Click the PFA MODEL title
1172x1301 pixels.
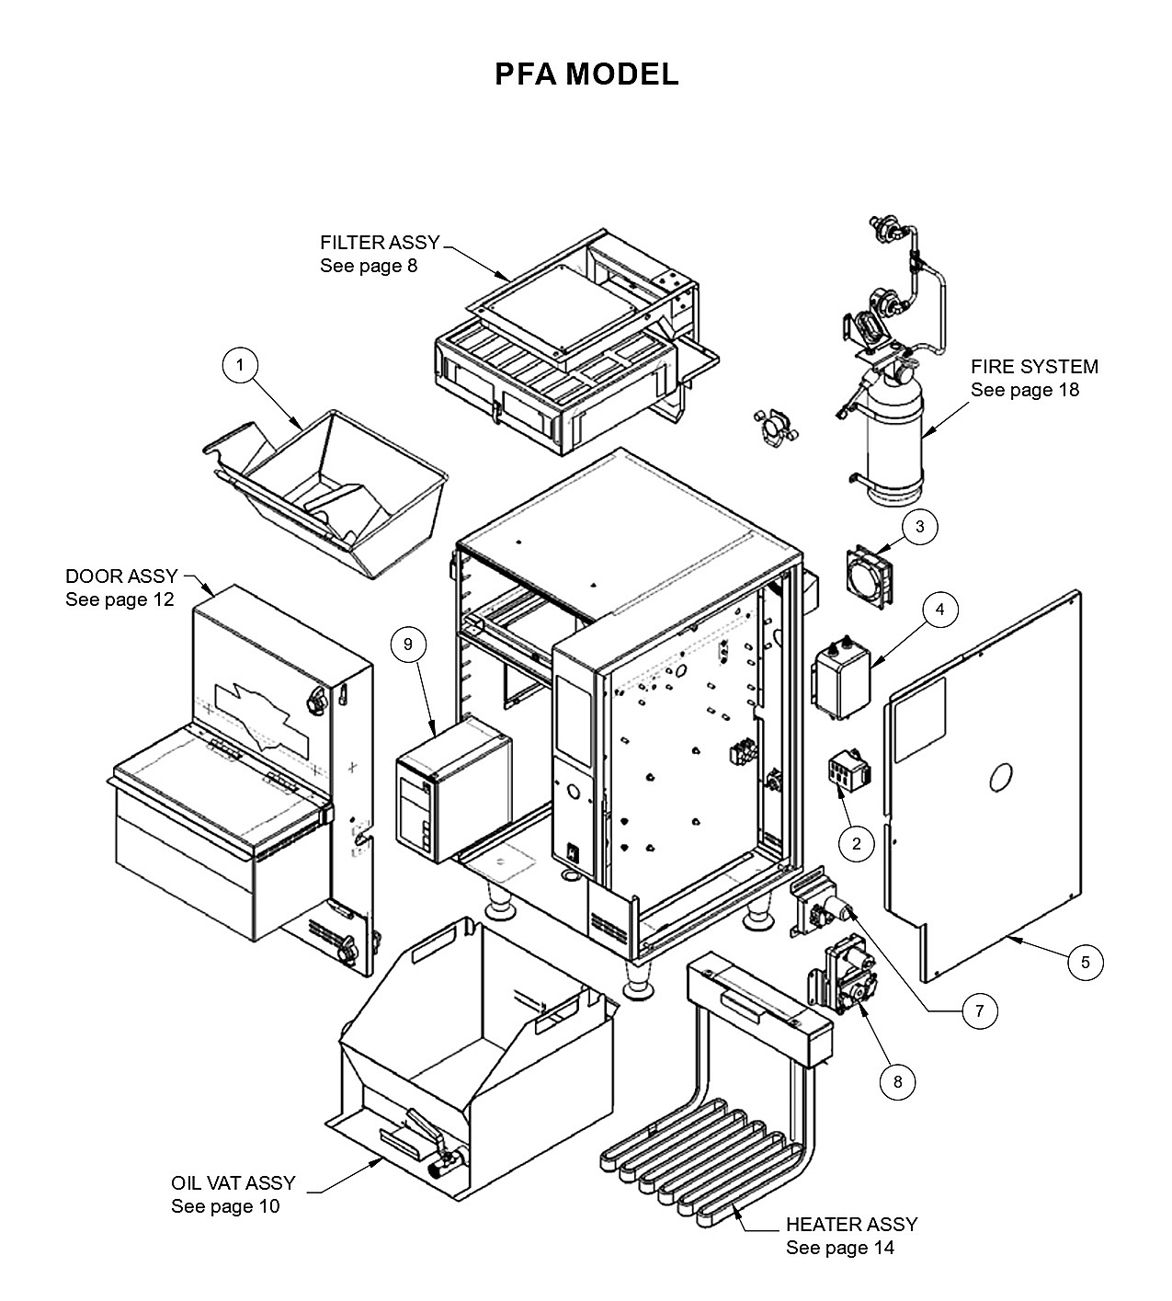(586, 74)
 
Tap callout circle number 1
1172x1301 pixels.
(240, 365)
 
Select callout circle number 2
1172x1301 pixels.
(856, 844)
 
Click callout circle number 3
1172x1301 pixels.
(919, 527)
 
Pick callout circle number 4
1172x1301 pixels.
(939, 610)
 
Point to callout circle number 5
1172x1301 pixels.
(1085, 962)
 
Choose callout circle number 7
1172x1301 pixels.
(979, 1011)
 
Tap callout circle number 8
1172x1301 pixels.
(898, 1082)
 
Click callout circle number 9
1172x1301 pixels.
(408, 644)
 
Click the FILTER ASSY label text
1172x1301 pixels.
(380, 243)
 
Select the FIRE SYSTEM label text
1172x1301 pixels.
(1034, 367)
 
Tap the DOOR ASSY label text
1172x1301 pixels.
(121, 576)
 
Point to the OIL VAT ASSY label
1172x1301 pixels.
(233, 1183)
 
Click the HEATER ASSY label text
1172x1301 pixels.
(851, 1225)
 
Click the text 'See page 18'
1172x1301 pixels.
(1025, 390)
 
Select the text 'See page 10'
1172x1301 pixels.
(225, 1206)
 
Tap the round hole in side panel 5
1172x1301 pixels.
(1001, 777)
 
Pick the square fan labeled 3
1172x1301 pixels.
(870, 576)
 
